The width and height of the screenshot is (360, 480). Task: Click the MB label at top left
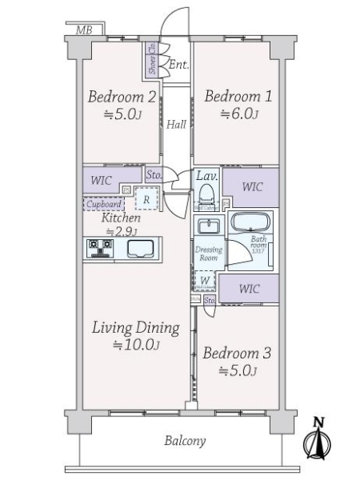tap(82, 31)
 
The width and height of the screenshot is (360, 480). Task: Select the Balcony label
tap(185, 441)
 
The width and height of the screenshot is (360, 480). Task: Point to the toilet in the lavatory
tap(206, 194)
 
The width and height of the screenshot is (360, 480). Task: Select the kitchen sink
tap(142, 249)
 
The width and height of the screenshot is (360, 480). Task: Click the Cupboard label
tap(102, 205)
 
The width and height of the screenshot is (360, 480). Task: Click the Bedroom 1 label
tap(238, 97)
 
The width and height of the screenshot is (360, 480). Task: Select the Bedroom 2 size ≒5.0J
tap(122, 115)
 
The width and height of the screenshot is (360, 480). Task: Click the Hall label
tap(177, 124)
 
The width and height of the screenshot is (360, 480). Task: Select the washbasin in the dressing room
tap(208, 226)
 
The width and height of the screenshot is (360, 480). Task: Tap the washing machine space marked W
tap(205, 280)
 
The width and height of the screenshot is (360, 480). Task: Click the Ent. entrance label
tap(178, 64)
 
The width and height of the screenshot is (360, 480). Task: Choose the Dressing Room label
tap(207, 254)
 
